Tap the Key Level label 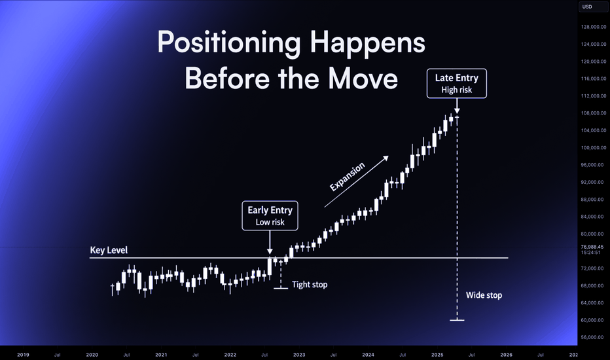pos(109,250)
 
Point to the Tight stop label pos(310,285)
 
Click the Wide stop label pos(484,295)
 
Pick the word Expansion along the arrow pos(348,177)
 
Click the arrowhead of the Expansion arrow pos(386,158)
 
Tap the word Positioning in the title pos(229,43)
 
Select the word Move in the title pos(363,79)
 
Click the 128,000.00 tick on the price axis pos(593,27)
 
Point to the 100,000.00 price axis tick pos(593,147)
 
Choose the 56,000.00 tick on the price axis pos(593,338)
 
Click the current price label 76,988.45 pos(592,247)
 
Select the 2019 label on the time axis pos(23,355)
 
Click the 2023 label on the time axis pos(299,355)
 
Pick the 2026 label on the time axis pos(506,355)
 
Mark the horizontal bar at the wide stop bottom pos(457,320)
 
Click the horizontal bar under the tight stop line pos(281,289)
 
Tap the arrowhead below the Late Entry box pos(457,111)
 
